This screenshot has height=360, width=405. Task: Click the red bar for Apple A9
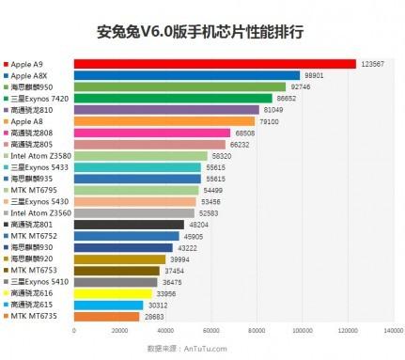[x=214, y=64]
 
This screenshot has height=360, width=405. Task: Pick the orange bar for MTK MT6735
[x=105, y=316]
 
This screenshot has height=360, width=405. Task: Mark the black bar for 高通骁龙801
[x=128, y=225]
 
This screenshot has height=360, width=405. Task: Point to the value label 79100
[x=269, y=121]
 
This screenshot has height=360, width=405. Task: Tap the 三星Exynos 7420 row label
[x=39, y=98]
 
